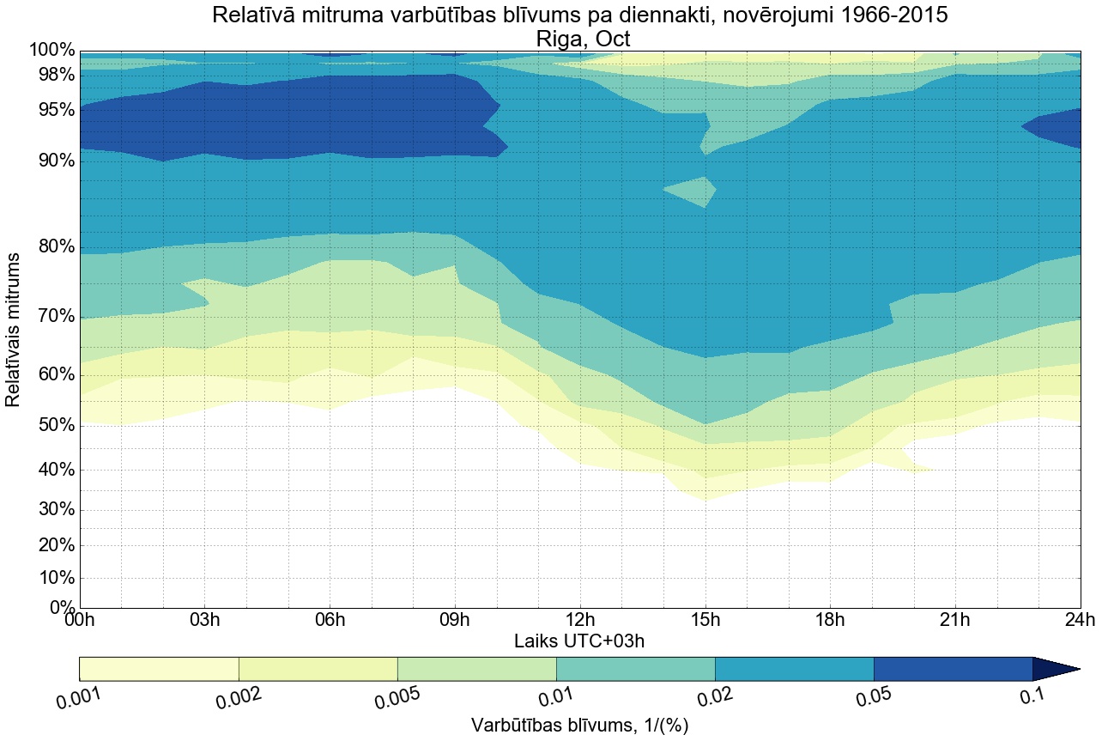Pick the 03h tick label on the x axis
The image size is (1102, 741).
pyautogui.click(x=204, y=620)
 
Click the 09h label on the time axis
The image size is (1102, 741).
pyautogui.click(x=455, y=620)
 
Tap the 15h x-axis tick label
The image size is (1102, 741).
pyautogui.click(x=705, y=620)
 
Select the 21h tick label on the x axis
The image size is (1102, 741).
pyautogui.click(x=954, y=620)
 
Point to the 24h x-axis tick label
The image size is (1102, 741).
pyautogui.click(x=1079, y=620)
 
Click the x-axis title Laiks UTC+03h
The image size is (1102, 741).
pyautogui.click(x=579, y=641)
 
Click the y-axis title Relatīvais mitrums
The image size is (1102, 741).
pyautogui.click(x=14, y=330)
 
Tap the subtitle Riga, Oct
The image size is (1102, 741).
pyautogui.click(x=583, y=39)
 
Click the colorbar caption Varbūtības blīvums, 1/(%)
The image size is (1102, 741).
pyautogui.click(x=580, y=726)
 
